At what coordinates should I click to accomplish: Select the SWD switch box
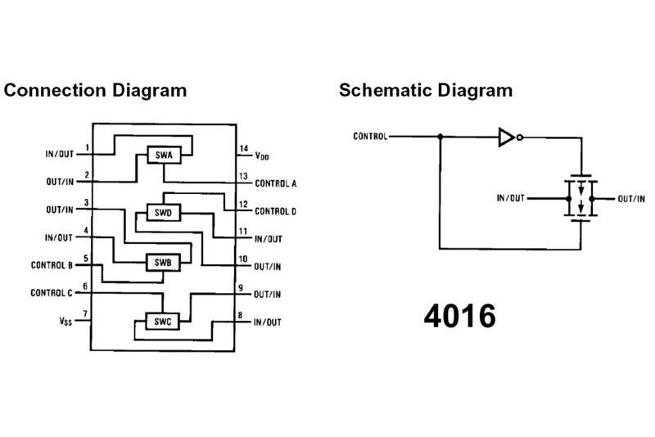162,213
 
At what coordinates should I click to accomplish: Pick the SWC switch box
160,322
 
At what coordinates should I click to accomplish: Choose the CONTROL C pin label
52,293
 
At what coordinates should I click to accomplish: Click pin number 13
243,176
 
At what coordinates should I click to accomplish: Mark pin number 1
87,148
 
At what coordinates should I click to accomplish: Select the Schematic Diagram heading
426,89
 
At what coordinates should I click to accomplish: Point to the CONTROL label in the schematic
371,136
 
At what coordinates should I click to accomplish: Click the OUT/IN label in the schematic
630,199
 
